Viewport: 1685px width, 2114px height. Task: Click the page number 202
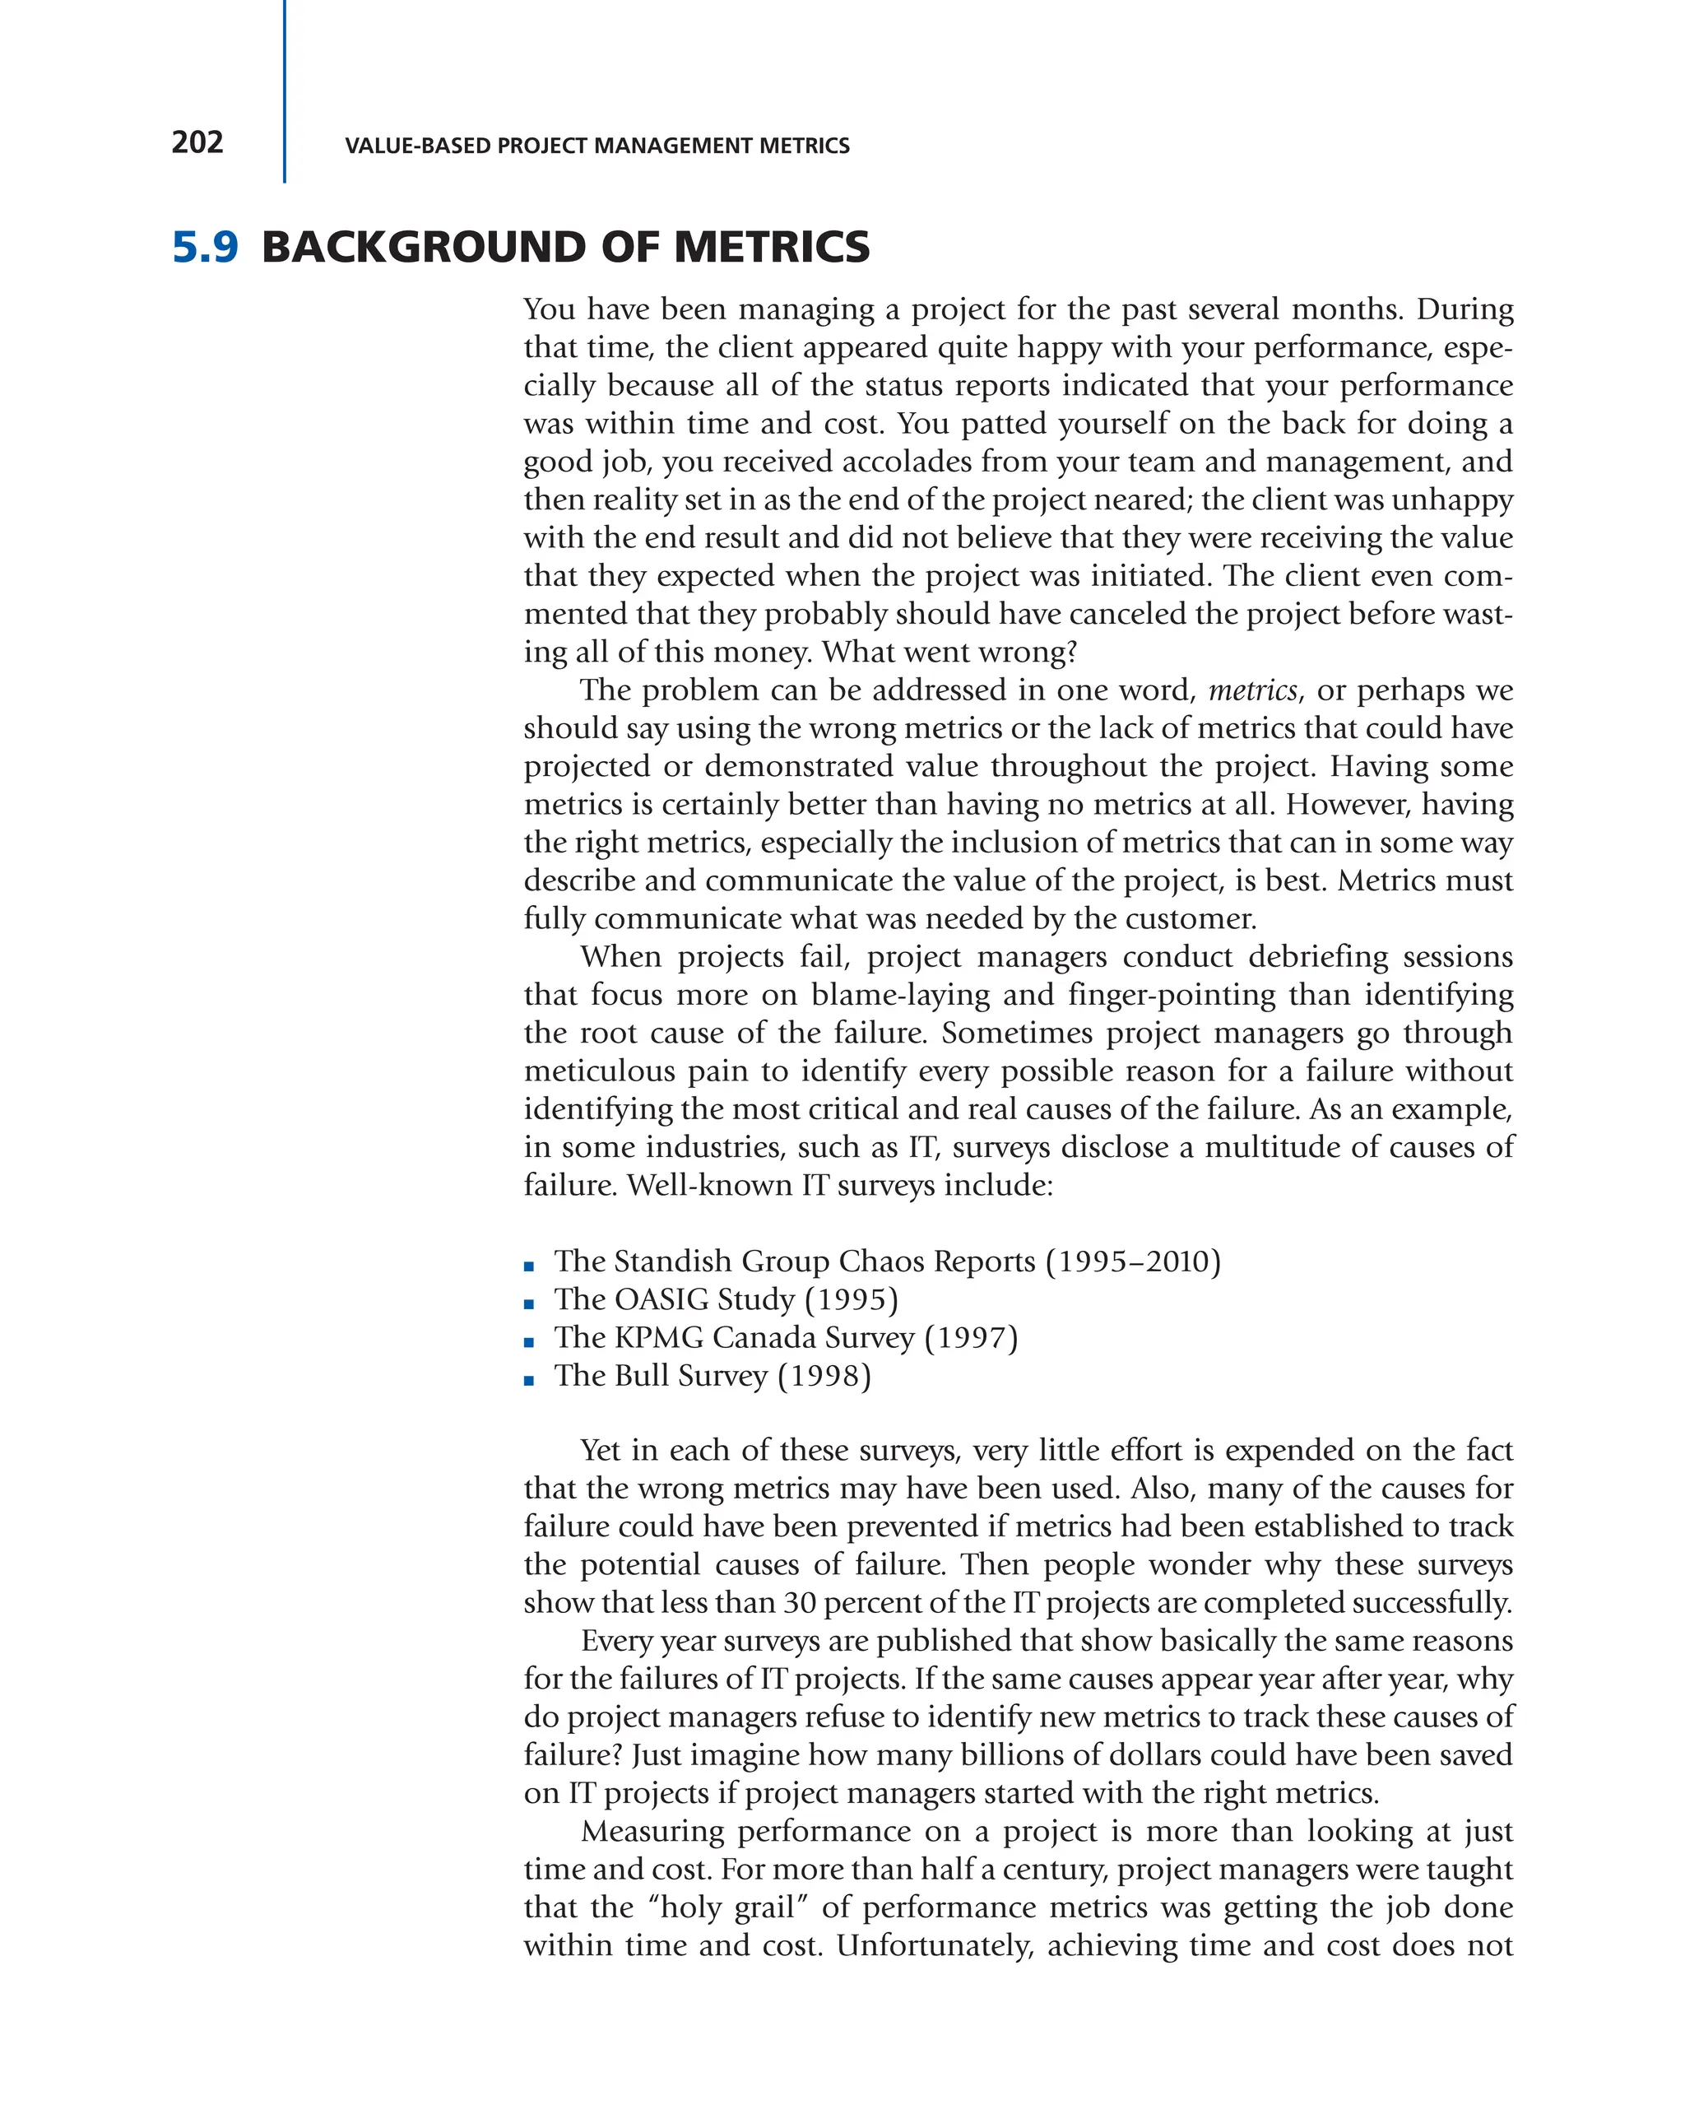(197, 143)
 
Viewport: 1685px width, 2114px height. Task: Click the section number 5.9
(205, 247)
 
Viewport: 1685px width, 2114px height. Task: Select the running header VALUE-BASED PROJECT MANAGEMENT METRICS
(597, 146)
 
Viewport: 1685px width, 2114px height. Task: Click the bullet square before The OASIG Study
(529, 1305)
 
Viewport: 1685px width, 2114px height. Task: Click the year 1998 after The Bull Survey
(824, 1376)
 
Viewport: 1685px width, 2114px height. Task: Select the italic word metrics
(1251, 690)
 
